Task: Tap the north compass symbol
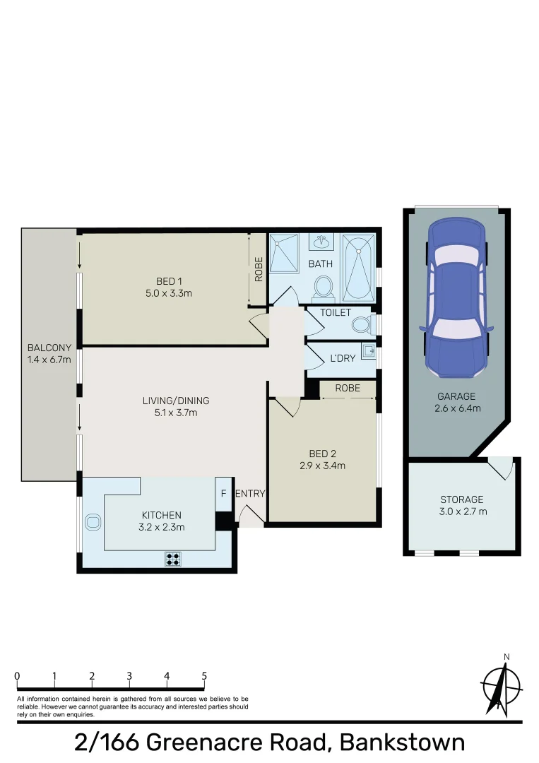[x=501, y=685]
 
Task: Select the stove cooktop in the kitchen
[x=172, y=559]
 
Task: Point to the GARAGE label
[x=456, y=396]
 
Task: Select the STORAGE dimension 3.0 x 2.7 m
[x=463, y=512]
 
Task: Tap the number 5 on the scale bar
[x=204, y=676]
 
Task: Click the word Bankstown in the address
[x=402, y=743]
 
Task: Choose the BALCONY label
[x=49, y=348]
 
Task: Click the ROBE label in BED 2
[x=348, y=389]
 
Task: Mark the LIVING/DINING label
[x=175, y=401]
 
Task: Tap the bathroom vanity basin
[x=324, y=242]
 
